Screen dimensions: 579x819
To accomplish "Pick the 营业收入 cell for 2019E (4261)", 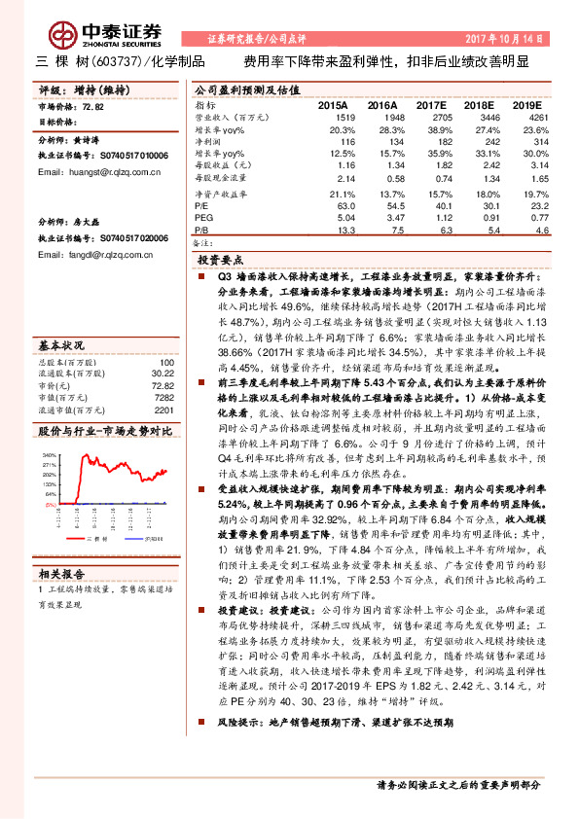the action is [524, 116].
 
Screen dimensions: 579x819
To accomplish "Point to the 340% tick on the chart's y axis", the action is [48, 455].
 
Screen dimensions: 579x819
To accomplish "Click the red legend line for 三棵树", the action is [67, 536].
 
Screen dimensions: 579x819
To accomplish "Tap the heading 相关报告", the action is [61, 573].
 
